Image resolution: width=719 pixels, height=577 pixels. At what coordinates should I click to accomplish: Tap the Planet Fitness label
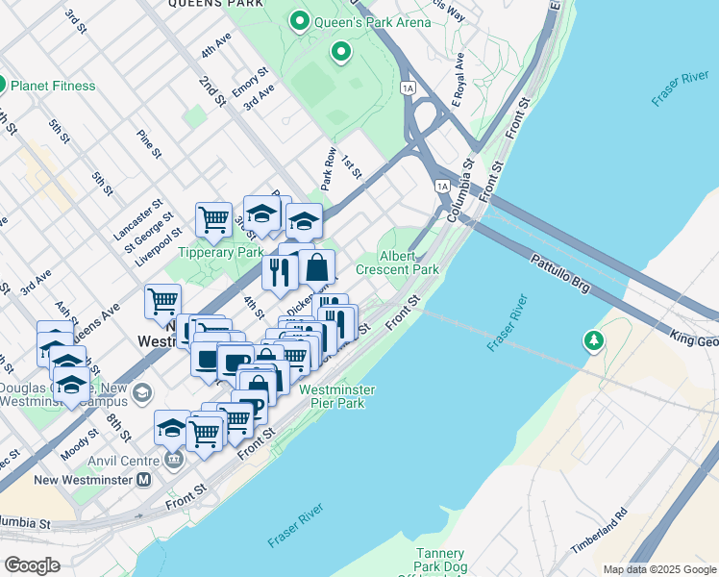pyautogui.click(x=53, y=86)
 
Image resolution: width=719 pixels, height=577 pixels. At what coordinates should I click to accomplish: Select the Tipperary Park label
pyautogui.click(x=220, y=252)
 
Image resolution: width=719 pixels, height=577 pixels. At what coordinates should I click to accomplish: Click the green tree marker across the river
pyautogui.click(x=594, y=339)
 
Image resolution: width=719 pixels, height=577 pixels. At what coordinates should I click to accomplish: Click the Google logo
pyautogui.click(x=32, y=564)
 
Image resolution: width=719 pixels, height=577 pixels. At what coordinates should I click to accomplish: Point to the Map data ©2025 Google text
pyautogui.click(x=659, y=569)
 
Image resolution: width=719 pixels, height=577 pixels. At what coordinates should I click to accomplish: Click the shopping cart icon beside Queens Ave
pyautogui.click(x=162, y=301)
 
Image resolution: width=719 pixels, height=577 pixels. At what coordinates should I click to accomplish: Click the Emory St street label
pyautogui.click(x=249, y=85)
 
